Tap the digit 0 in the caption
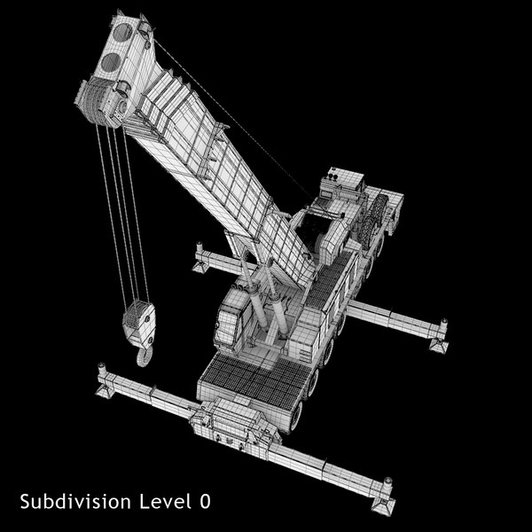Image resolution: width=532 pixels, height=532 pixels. pyautogui.click(x=205, y=502)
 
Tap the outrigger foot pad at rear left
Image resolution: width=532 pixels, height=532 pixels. pyautogui.click(x=202, y=258)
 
